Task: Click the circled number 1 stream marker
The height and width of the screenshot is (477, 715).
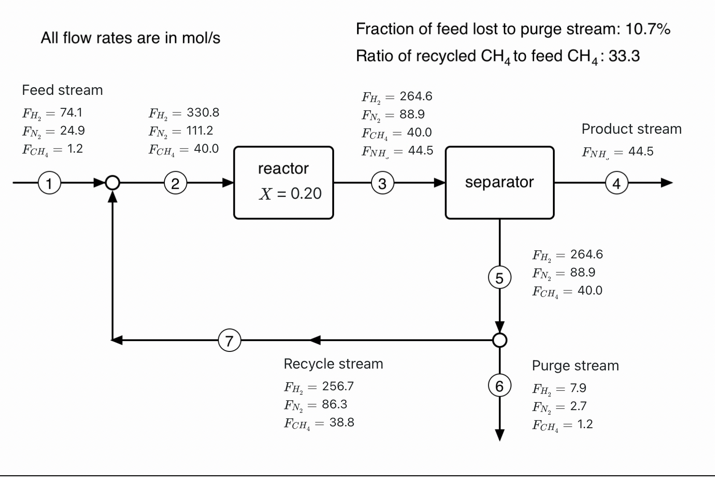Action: point(49,183)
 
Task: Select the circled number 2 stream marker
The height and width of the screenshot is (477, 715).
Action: point(175,183)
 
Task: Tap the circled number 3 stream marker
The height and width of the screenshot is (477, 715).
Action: point(382,183)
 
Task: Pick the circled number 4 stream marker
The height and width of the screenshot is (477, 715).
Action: point(617,183)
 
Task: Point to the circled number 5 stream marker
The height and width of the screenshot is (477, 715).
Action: point(499,277)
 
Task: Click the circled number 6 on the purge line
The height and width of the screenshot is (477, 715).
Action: point(499,386)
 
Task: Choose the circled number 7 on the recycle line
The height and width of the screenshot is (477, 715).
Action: point(229,340)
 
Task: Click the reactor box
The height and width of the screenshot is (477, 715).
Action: point(283,182)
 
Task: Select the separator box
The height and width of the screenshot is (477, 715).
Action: point(499,182)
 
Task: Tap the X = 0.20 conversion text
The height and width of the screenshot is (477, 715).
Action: point(290,194)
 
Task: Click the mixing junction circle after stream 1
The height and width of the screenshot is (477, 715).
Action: point(112,183)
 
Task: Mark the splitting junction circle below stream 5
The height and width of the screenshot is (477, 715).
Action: point(499,340)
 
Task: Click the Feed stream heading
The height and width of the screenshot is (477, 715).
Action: point(62,90)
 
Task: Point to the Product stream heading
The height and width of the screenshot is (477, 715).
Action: point(631,129)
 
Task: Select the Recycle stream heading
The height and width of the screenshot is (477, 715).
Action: point(333,364)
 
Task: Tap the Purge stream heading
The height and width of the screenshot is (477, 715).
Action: point(575,366)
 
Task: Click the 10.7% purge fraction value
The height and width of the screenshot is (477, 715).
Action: point(648,29)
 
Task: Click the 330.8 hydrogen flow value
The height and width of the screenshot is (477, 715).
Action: point(203,112)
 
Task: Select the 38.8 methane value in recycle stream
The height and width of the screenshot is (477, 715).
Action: point(342,423)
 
